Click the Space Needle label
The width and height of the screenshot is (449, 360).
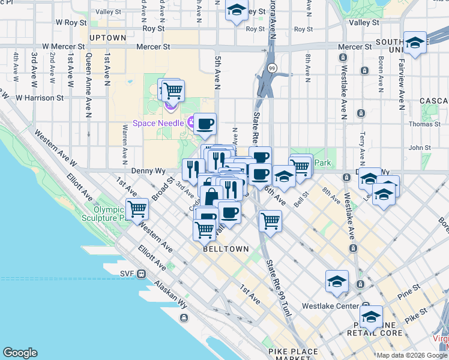[159, 123]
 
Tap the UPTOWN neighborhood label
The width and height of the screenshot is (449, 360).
[107, 38]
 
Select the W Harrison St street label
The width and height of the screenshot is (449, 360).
[40, 97]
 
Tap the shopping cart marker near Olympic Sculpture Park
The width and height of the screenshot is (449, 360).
[137, 208]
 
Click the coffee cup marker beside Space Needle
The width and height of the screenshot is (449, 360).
[205, 123]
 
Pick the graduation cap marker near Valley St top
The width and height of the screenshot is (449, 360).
[237, 10]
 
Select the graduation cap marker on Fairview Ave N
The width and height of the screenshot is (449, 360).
[415, 42]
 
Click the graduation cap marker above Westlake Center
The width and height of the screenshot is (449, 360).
[337, 281]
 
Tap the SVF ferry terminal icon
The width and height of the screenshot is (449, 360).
[141, 274]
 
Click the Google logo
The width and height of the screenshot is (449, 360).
[20, 353]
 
